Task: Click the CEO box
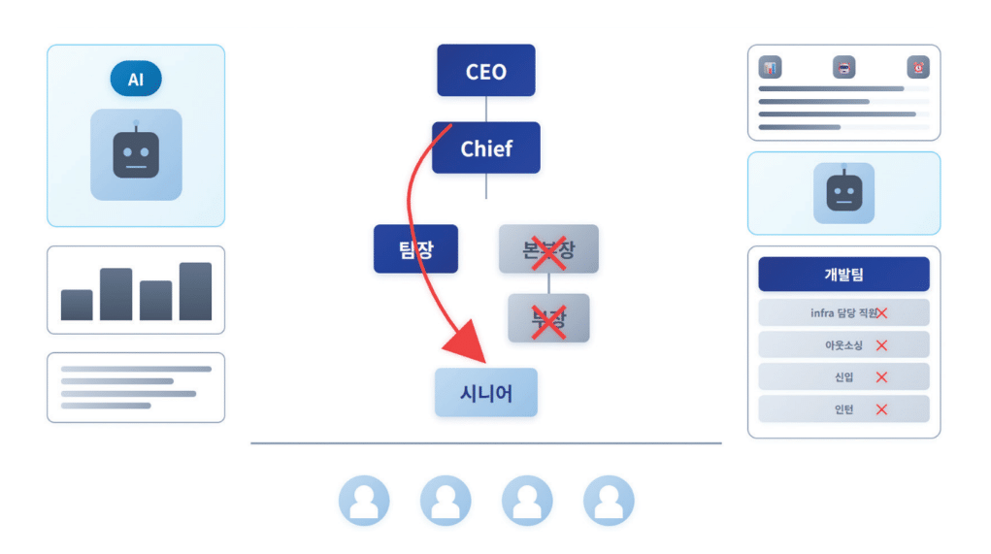tap(485, 71)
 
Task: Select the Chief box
tap(485, 148)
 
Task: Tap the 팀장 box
tap(415, 249)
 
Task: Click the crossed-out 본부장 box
tap(548, 249)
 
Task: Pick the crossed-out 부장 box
tap(548, 318)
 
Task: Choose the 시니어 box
tap(485, 393)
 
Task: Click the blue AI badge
tap(136, 80)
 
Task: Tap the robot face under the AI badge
tap(136, 154)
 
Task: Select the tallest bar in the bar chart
tap(195, 291)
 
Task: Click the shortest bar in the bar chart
tap(77, 305)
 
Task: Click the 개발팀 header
tap(843, 275)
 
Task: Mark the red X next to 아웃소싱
tap(881, 345)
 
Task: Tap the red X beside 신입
tap(881, 377)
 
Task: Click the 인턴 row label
tap(843, 409)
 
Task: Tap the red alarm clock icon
tap(917, 68)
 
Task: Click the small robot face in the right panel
tap(843, 193)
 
